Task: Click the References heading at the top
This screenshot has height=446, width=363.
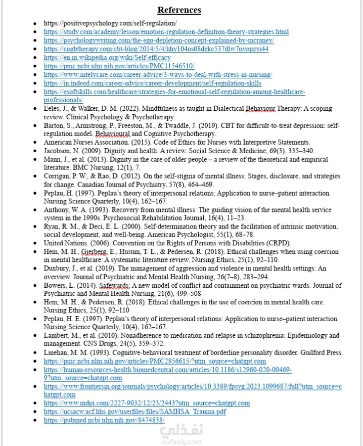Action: point(179,10)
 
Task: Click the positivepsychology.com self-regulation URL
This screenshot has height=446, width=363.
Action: point(110,23)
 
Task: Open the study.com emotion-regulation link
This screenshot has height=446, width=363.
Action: point(166,32)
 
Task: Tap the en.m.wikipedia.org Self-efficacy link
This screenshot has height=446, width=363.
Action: point(107,58)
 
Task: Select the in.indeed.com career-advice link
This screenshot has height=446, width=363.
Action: point(152,83)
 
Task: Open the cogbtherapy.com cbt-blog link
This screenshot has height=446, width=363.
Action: point(156,49)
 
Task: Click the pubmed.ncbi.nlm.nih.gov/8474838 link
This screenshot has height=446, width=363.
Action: point(104,420)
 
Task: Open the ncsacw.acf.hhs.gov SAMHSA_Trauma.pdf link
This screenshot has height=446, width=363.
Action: point(134,412)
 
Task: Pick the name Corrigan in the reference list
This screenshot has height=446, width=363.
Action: point(57,176)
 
